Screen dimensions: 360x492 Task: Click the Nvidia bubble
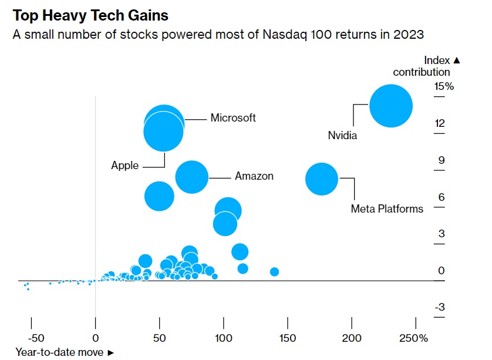tap(391, 106)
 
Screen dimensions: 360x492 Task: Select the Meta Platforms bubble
tap(322, 179)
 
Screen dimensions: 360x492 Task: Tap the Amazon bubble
tap(191, 176)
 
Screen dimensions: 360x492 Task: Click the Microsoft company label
tap(233, 117)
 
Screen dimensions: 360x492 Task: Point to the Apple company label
tap(125, 166)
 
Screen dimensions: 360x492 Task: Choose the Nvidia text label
tap(342, 136)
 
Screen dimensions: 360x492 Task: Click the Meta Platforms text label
tap(387, 208)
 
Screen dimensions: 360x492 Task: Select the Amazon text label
tap(254, 176)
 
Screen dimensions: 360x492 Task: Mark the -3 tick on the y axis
tap(440, 307)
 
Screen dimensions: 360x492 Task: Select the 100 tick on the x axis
tap(224, 338)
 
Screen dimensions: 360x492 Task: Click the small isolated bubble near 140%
tap(274, 271)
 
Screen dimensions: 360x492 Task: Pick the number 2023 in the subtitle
tap(410, 35)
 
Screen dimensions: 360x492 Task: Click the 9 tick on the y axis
tap(441, 160)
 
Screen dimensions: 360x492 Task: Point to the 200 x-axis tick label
tap(352, 338)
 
